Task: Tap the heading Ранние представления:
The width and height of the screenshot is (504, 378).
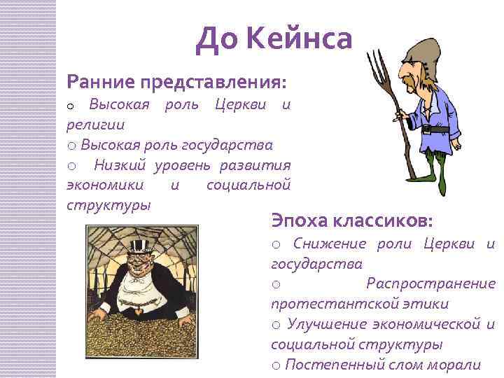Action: point(176,82)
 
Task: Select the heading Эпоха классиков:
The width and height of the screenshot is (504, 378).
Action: point(352,220)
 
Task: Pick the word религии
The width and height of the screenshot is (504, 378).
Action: point(95,125)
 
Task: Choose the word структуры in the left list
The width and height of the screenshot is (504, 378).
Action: point(108,206)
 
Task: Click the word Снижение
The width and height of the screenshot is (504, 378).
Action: point(330,244)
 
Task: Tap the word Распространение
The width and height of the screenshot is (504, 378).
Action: point(430,283)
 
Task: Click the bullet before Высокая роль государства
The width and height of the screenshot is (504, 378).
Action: point(72,146)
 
